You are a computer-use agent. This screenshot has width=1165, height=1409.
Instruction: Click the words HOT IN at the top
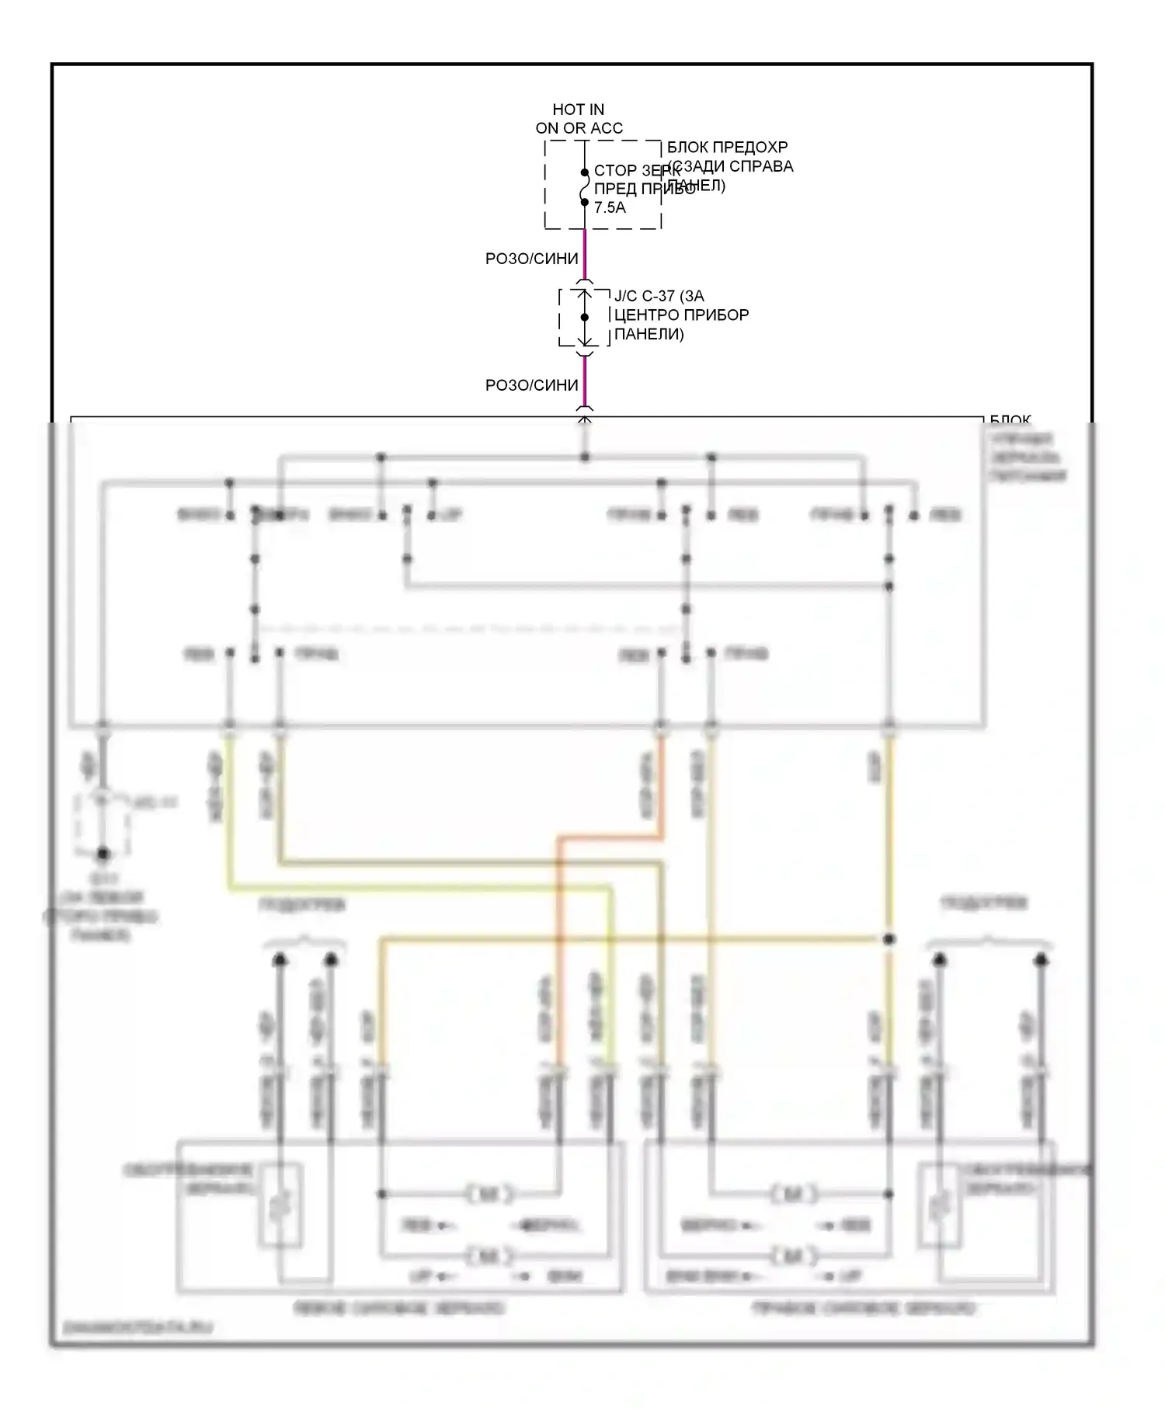pyautogui.click(x=578, y=110)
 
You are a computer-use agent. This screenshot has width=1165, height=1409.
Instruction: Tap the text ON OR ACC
pyautogui.click(x=579, y=128)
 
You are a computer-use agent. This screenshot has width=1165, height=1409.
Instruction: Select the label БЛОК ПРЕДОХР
pyautogui.click(x=727, y=147)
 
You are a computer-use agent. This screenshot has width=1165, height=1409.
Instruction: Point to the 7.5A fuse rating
pyautogui.click(x=610, y=207)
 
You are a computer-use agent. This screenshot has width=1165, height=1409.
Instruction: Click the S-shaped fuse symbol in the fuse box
pyautogui.click(x=584, y=188)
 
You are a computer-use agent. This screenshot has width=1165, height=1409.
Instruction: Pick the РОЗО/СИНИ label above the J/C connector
pyautogui.click(x=531, y=259)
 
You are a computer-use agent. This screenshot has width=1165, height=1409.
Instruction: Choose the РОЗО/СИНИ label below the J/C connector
pyautogui.click(x=531, y=385)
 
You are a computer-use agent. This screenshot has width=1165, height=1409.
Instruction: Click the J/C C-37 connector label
pyautogui.click(x=659, y=296)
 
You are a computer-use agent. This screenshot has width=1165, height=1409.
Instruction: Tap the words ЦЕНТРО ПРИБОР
pyautogui.click(x=681, y=315)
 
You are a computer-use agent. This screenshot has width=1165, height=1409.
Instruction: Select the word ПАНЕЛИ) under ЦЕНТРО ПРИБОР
pyautogui.click(x=649, y=334)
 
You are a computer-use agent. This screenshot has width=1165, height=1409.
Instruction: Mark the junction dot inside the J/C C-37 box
pyautogui.click(x=585, y=317)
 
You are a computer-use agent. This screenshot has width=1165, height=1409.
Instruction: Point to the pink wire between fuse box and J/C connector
pyautogui.click(x=585, y=255)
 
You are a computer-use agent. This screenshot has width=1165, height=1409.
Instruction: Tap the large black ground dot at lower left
pyautogui.click(x=103, y=854)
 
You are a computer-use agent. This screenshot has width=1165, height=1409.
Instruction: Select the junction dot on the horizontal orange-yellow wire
pyautogui.click(x=889, y=939)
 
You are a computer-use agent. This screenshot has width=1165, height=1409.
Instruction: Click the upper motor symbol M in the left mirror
pyautogui.click(x=490, y=1194)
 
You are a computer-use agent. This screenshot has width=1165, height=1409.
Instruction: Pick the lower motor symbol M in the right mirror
pyautogui.click(x=794, y=1255)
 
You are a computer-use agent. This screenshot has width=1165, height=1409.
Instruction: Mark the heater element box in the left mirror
pyautogui.click(x=280, y=1204)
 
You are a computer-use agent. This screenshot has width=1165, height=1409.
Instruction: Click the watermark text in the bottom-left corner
pyautogui.click(x=137, y=1327)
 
